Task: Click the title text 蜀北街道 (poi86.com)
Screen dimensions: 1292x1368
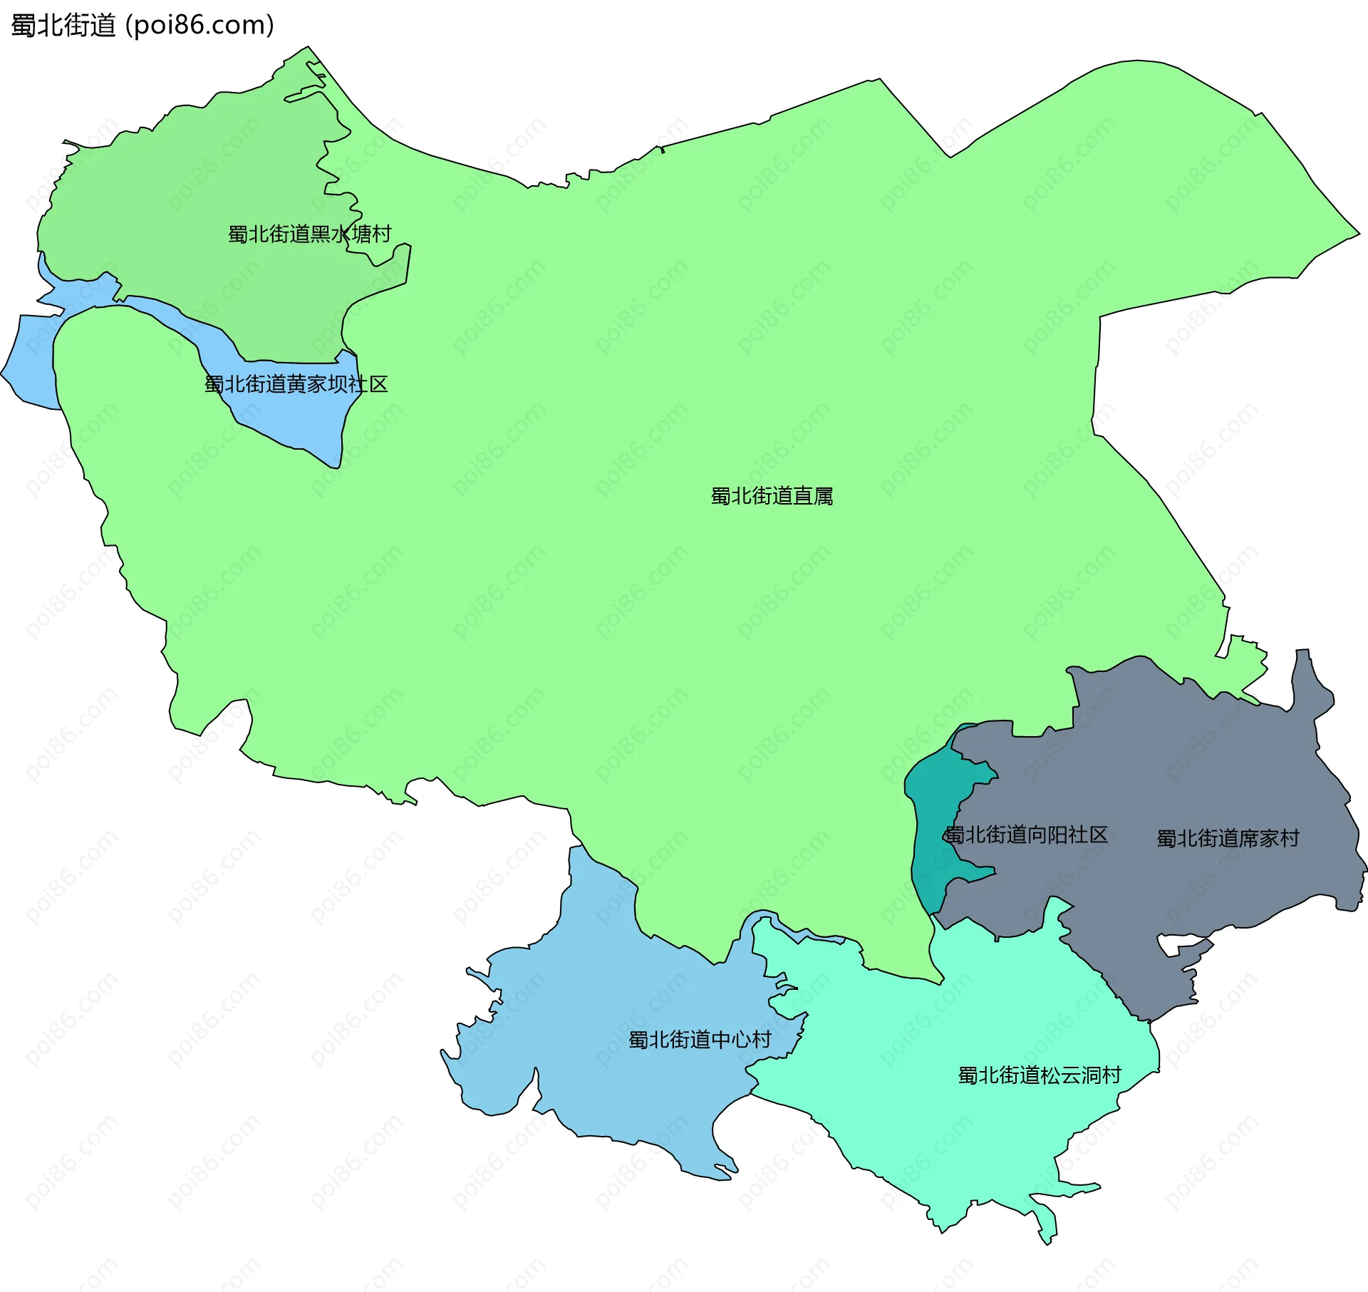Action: click(142, 26)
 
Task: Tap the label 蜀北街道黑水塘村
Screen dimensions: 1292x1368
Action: click(309, 234)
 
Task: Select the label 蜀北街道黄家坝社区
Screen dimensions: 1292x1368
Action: click(296, 385)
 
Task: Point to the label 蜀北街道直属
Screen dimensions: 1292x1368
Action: click(772, 496)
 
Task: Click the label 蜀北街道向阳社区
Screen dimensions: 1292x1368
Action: click(1026, 834)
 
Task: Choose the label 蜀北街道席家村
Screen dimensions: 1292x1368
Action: click(1228, 838)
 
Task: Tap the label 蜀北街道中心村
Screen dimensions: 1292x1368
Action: click(700, 1040)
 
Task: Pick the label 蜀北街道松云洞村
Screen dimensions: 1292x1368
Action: click(1040, 1075)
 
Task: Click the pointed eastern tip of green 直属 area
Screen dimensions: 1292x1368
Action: click(1354, 233)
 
